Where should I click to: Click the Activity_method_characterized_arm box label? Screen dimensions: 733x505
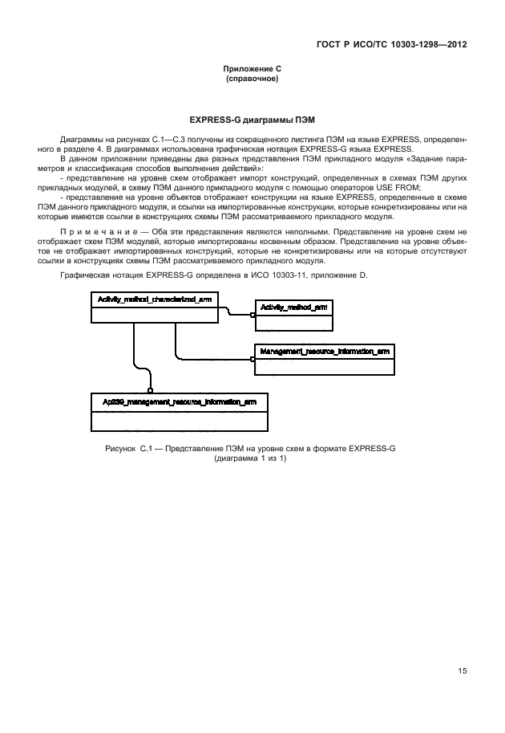155,299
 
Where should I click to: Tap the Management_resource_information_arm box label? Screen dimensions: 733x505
325,351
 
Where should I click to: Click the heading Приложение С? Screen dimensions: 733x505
252,71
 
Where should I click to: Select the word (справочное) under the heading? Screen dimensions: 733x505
252,80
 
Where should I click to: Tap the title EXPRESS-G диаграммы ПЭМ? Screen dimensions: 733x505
252,119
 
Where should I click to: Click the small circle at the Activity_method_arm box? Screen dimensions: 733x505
252,316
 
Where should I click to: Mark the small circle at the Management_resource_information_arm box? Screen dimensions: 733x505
252,360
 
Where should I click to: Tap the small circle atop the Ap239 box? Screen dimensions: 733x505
150,391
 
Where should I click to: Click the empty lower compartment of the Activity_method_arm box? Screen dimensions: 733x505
293,321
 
